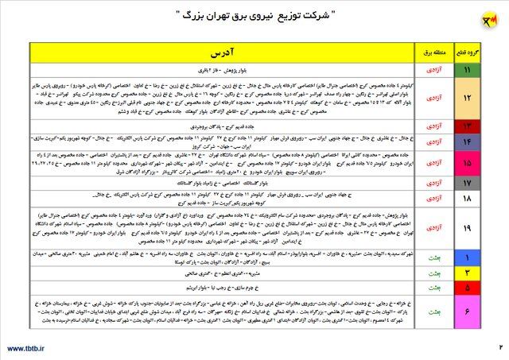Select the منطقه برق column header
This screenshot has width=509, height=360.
point(433,54)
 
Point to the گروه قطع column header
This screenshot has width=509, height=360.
point(466,54)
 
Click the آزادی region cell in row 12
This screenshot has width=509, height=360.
point(433,99)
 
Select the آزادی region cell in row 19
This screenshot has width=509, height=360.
point(433,228)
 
